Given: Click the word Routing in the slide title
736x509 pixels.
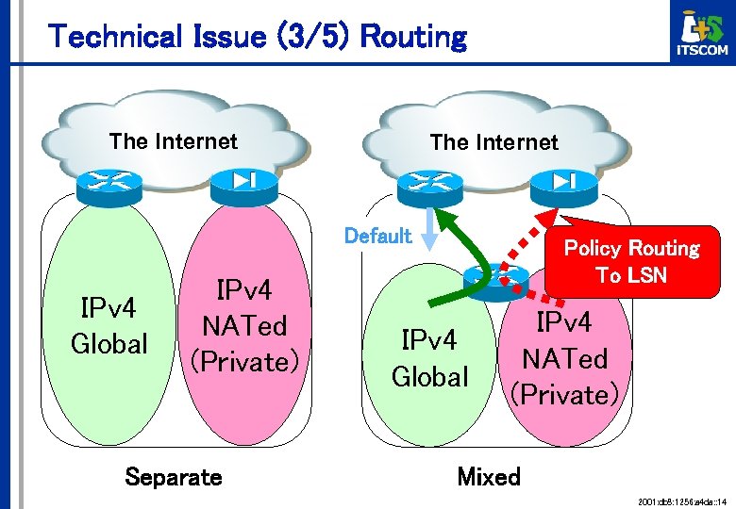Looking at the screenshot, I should tap(413, 38).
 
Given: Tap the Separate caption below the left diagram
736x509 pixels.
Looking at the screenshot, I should tap(174, 476).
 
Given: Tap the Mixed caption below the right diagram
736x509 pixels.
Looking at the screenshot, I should tap(489, 476).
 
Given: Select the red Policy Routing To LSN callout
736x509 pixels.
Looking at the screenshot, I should tap(631, 262).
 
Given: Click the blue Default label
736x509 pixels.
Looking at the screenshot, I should tap(377, 236).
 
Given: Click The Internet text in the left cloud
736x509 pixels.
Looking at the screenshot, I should tap(174, 141).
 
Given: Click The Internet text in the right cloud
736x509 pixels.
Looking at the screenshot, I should tap(493, 142).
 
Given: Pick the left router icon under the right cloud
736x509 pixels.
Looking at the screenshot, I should tap(428, 185).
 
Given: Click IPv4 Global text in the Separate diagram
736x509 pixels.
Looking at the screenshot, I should tap(109, 326).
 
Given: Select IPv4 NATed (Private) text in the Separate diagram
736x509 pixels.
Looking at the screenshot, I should tap(244, 325).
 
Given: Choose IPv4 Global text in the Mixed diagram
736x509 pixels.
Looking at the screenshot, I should tap(429, 358).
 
